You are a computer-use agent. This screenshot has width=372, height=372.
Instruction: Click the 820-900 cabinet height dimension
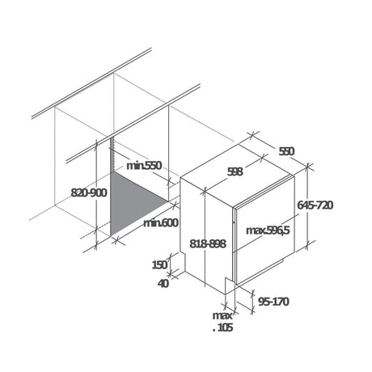[89, 192]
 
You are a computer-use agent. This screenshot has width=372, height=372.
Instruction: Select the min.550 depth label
[144, 166]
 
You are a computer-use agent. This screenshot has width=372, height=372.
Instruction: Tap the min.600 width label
[161, 223]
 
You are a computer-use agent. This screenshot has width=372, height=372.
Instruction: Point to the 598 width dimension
[235, 171]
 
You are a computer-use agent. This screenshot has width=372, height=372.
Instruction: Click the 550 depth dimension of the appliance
[286, 151]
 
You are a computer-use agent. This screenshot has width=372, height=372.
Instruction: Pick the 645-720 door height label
[315, 205]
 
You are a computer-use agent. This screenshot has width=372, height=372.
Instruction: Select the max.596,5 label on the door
[268, 230]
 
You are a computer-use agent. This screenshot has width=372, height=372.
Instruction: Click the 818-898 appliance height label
[208, 244]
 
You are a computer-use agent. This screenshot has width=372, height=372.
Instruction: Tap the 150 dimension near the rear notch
[159, 265]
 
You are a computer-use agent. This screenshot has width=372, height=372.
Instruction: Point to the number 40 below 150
[163, 283]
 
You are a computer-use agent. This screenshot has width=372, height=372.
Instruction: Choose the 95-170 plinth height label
[273, 302]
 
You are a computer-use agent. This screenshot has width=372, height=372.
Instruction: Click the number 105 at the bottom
[225, 328]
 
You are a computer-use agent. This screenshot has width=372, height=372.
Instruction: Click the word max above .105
[222, 315]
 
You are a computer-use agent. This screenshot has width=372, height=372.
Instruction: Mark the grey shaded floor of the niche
[135, 202]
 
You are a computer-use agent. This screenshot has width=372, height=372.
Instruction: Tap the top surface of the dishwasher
[237, 175]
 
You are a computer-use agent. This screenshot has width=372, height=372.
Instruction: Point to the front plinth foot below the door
[229, 285]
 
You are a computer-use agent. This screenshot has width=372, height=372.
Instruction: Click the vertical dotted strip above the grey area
[112, 155]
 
